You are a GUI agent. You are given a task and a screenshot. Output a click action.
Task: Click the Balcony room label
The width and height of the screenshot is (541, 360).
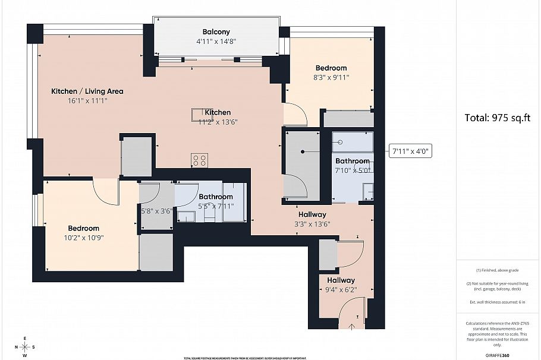[x=216, y=32]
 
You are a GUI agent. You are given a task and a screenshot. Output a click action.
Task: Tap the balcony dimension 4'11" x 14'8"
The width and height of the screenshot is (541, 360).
[x=216, y=42]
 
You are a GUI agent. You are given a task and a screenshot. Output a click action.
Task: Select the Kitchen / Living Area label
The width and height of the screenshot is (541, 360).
[x=87, y=91]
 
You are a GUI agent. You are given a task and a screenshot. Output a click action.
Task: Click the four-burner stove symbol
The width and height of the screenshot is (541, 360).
[x=199, y=160]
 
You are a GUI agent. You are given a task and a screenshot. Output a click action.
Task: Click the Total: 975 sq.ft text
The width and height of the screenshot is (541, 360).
[x=497, y=118]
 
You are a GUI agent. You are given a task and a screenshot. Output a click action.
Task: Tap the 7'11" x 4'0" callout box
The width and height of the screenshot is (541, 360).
[x=410, y=151]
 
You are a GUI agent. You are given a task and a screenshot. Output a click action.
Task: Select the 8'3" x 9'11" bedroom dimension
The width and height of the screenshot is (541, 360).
[x=331, y=77]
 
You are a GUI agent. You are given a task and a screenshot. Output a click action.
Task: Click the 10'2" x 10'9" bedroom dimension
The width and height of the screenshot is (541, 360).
[x=83, y=238]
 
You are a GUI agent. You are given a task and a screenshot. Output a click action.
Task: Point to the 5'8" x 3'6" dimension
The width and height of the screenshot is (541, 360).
[x=156, y=210]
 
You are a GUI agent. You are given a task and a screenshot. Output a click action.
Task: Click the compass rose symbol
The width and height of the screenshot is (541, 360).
[x=25, y=347]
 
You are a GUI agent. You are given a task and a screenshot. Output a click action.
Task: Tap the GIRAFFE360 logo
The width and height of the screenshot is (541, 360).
[x=497, y=355]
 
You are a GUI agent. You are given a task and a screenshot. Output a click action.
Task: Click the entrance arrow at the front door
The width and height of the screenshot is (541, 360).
[x=352, y=325]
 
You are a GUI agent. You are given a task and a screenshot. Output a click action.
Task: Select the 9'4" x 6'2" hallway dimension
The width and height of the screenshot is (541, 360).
[x=341, y=290]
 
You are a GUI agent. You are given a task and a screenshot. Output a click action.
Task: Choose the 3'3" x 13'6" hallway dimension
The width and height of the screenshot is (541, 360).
[x=312, y=224]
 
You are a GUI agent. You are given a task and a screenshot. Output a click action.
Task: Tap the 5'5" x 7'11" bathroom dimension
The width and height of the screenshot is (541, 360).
[x=216, y=206]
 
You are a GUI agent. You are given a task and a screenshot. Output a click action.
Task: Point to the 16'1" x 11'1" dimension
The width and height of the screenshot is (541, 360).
[x=87, y=101]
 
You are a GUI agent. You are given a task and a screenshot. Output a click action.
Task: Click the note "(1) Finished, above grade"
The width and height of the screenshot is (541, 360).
[x=497, y=269]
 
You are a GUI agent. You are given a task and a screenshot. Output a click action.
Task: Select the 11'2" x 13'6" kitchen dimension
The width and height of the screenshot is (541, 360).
[x=218, y=122]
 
